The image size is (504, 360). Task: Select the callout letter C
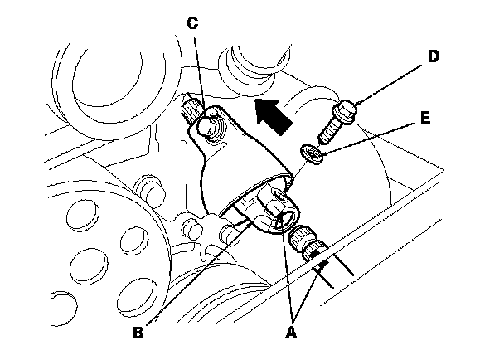(x=192, y=23)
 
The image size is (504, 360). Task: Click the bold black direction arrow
(x=273, y=114)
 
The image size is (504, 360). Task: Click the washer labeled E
(x=311, y=152)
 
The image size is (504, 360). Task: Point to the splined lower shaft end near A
(x=313, y=246)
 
